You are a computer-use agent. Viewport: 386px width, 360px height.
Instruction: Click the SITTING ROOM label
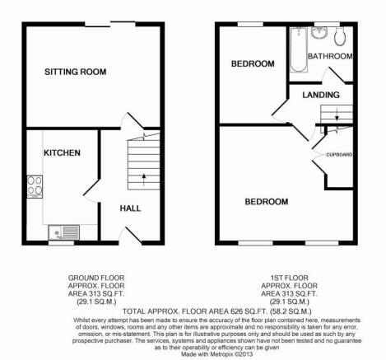(76, 72)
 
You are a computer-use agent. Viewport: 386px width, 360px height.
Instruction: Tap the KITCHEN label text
(62, 152)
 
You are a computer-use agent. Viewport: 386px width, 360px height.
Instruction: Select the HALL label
(130, 208)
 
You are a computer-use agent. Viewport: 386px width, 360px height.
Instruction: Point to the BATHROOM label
(330, 56)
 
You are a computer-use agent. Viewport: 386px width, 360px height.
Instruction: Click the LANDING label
(321, 95)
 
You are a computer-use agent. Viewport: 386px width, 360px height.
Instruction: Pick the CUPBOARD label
(339, 155)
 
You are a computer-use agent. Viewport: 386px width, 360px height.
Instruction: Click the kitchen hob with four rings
(35, 186)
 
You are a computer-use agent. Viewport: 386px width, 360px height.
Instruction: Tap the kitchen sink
(64, 232)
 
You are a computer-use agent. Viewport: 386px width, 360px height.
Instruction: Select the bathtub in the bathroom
(298, 49)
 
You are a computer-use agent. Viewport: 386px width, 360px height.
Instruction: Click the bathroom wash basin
(319, 32)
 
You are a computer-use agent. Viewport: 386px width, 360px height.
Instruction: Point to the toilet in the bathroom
(340, 35)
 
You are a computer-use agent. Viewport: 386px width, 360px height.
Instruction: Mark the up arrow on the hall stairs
(143, 180)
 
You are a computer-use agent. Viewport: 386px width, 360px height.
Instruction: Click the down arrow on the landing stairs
(337, 115)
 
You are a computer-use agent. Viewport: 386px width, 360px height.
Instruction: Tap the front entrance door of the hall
(131, 236)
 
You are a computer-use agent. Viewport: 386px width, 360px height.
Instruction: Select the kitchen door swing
(91, 191)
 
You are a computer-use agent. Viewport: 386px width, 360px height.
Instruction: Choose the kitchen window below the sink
(61, 243)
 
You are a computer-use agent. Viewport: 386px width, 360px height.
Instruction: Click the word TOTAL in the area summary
(134, 311)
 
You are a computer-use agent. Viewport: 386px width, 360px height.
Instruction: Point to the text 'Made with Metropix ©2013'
(217, 354)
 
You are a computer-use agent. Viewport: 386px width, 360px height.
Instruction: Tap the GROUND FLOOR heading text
(96, 278)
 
